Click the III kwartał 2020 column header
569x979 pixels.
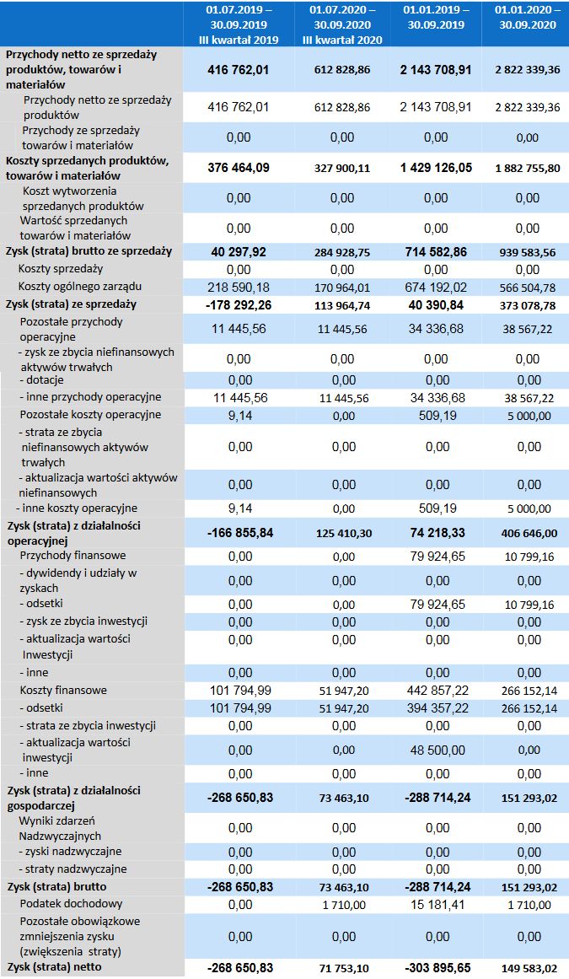click(342, 24)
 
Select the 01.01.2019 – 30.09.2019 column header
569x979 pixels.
click(436, 18)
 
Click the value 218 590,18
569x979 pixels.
click(239, 288)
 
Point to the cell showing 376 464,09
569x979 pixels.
click(239, 168)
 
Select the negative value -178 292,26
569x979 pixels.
click(239, 304)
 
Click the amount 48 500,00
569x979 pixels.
click(436, 750)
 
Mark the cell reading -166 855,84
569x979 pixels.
click(239, 533)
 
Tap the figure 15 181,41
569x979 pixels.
click(436, 905)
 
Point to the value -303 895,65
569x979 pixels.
click(436, 967)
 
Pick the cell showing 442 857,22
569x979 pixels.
click(436, 691)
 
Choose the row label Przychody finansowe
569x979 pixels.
click(72, 556)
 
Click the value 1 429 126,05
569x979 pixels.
click(436, 168)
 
